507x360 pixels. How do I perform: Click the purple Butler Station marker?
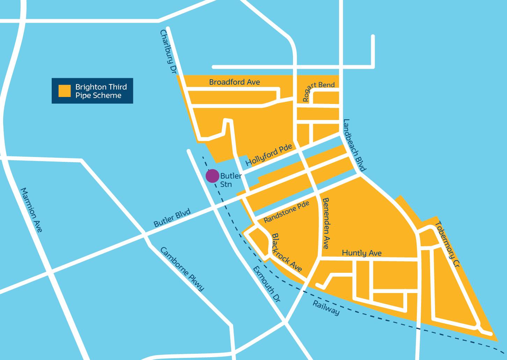212,176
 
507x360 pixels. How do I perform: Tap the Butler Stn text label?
230,180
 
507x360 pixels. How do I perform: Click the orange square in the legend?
65,91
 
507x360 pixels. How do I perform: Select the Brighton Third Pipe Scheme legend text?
101,91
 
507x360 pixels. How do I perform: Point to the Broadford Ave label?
234,82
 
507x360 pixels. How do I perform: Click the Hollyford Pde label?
269,156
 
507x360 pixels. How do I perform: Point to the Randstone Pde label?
286,213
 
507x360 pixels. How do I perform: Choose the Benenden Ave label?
326,223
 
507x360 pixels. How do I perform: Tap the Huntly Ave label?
361,253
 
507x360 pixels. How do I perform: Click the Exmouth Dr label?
266,284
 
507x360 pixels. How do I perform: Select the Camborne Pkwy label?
182,269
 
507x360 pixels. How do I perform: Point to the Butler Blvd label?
172,218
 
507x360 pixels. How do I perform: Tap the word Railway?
325,308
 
